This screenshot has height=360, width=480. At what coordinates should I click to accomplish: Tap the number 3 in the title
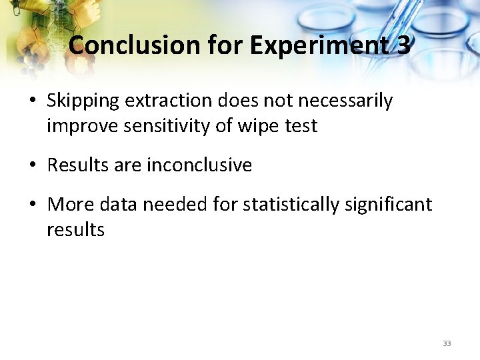pyautogui.click(x=403, y=45)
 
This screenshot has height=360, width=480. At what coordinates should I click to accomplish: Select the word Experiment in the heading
pyautogui.click(x=319, y=45)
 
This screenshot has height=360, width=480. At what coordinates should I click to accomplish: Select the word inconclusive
pyautogui.click(x=199, y=165)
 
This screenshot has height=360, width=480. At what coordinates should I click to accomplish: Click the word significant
pyautogui.click(x=389, y=205)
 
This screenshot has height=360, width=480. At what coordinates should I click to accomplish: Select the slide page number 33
pyautogui.click(x=447, y=343)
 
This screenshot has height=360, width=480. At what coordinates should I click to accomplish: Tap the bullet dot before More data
pyautogui.click(x=33, y=205)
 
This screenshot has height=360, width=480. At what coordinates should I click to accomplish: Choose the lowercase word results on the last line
pyautogui.click(x=75, y=230)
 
